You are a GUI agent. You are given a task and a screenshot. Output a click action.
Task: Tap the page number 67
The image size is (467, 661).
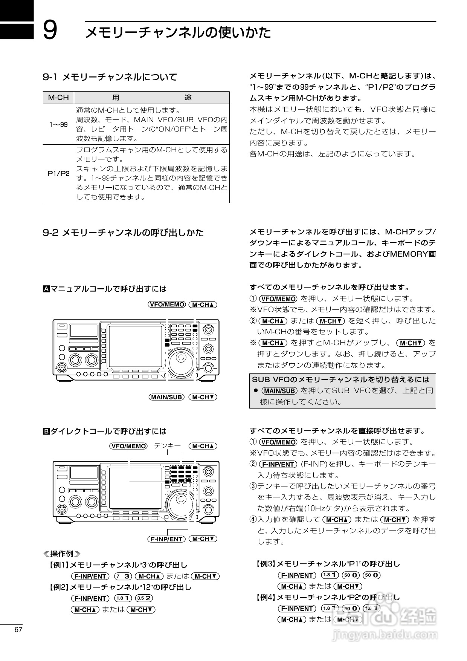(x=18, y=630)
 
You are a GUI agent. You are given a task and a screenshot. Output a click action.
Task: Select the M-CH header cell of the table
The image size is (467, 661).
(x=58, y=98)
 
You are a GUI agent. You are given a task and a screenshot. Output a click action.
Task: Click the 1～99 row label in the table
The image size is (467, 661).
(x=58, y=124)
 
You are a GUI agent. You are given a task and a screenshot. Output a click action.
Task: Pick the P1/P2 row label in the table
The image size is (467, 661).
(x=58, y=174)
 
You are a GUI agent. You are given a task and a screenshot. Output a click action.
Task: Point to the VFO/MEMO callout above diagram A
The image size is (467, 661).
(x=166, y=304)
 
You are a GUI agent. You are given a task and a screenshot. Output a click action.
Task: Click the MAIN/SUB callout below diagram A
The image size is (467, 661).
(x=166, y=397)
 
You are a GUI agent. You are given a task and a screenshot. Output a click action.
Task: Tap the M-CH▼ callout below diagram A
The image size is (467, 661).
(x=203, y=397)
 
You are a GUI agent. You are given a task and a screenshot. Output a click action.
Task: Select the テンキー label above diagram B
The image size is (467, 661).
(x=168, y=446)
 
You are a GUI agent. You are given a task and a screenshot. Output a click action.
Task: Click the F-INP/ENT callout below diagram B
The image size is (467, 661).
(x=166, y=539)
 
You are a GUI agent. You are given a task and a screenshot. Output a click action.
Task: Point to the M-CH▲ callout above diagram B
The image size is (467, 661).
(x=203, y=446)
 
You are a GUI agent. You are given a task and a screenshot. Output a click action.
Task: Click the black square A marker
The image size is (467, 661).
(x=46, y=289)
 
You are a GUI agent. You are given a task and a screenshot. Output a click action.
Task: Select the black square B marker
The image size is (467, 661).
(x=46, y=431)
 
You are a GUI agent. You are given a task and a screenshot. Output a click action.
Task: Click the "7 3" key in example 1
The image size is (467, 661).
(x=123, y=576)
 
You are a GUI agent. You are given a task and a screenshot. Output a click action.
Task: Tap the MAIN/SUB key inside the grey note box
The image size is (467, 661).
(x=279, y=391)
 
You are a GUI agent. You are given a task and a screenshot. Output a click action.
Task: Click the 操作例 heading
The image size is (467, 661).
(x=62, y=554)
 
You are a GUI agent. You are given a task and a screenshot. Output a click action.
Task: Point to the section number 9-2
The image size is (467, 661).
(x=50, y=233)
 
